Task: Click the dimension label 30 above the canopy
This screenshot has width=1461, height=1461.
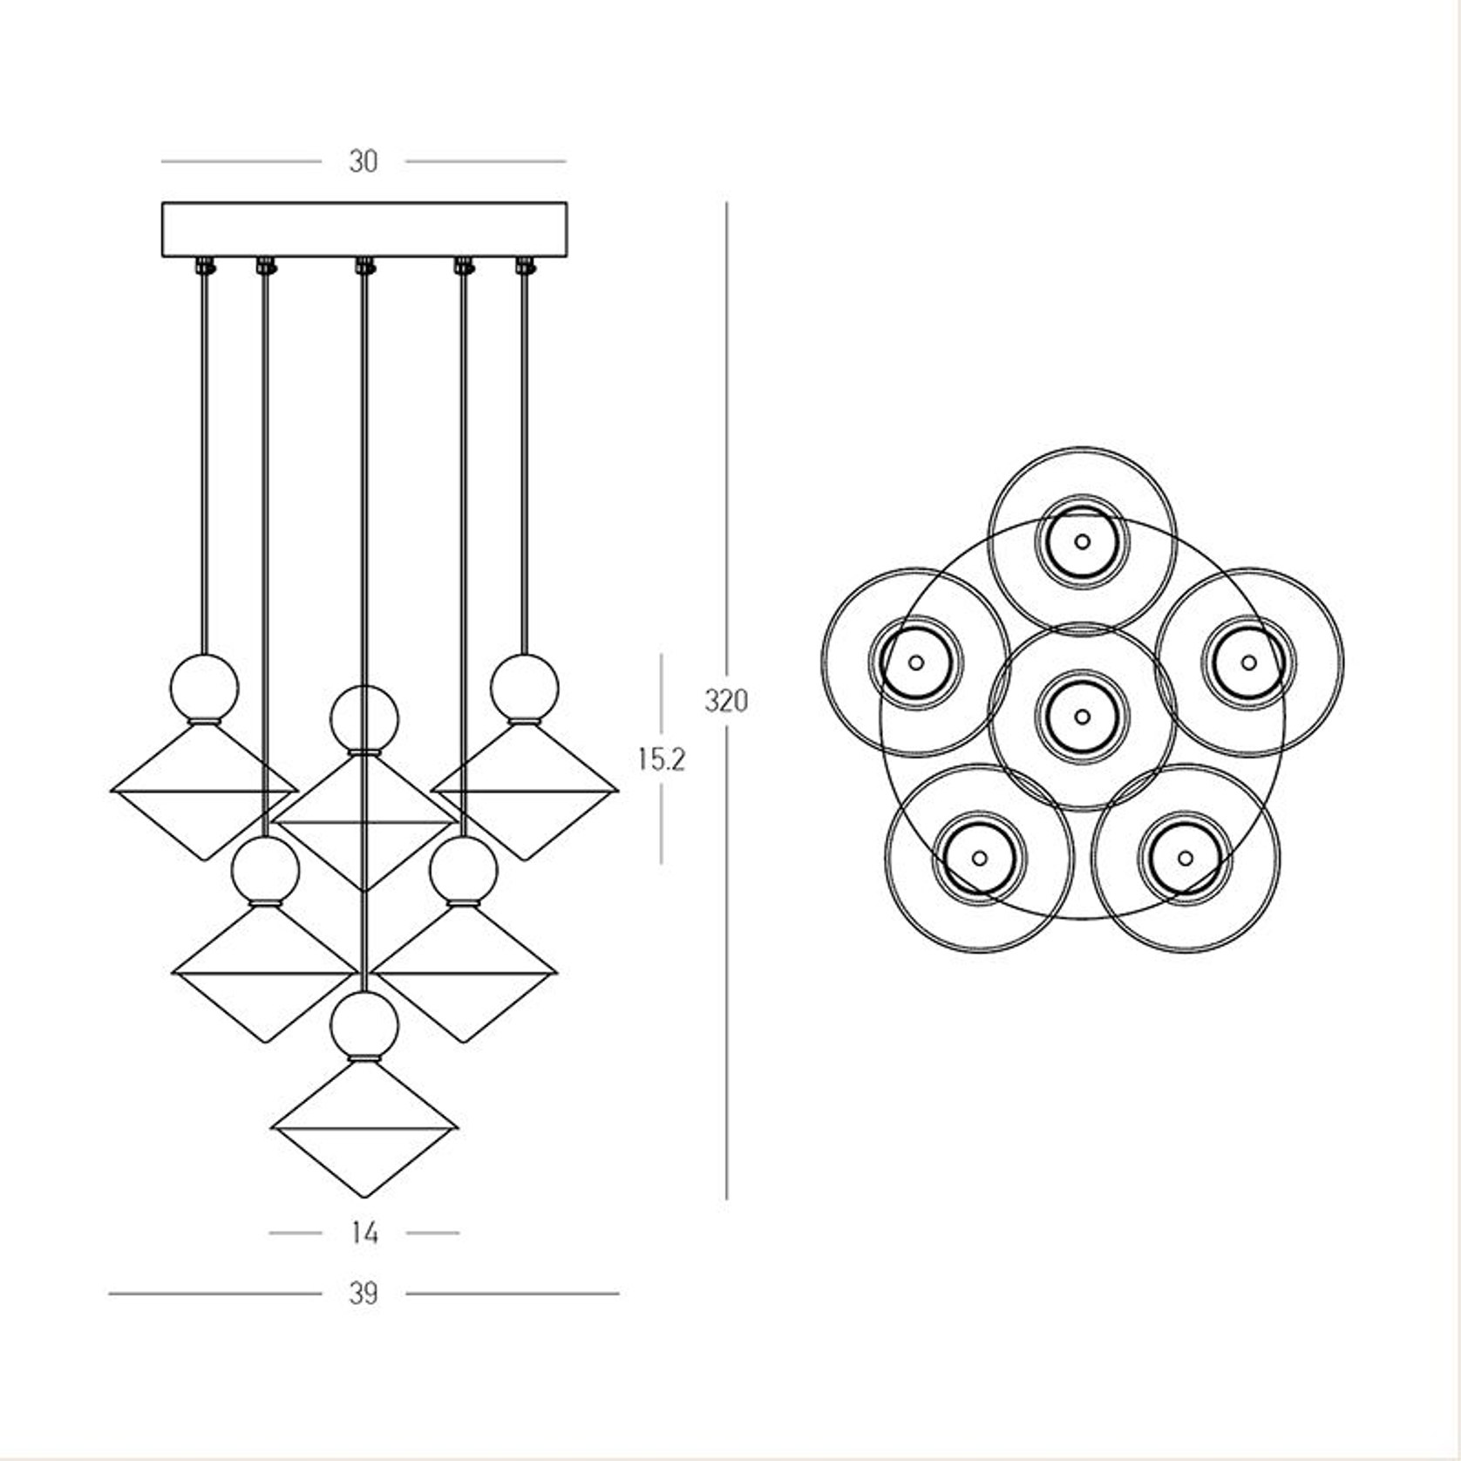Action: click(364, 161)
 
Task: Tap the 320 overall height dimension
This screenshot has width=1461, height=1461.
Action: click(726, 701)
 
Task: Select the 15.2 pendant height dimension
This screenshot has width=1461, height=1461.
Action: click(662, 759)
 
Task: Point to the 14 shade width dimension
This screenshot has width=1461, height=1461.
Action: click(365, 1233)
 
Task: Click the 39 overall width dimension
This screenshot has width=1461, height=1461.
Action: click(364, 1293)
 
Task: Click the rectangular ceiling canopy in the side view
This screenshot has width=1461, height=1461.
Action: click(364, 229)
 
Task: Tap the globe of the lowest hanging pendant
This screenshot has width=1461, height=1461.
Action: click(364, 1024)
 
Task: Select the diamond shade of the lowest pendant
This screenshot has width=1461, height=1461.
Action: click(364, 1128)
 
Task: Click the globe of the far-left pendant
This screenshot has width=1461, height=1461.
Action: click(204, 688)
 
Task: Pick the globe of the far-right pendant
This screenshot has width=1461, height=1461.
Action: click(524, 688)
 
